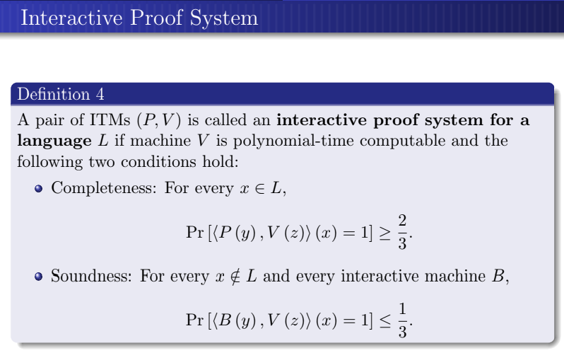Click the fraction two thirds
(x=402, y=231)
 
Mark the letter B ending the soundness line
(x=500, y=275)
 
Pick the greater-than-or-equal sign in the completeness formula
(x=384, y=232)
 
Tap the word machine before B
(x=462, y=275)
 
